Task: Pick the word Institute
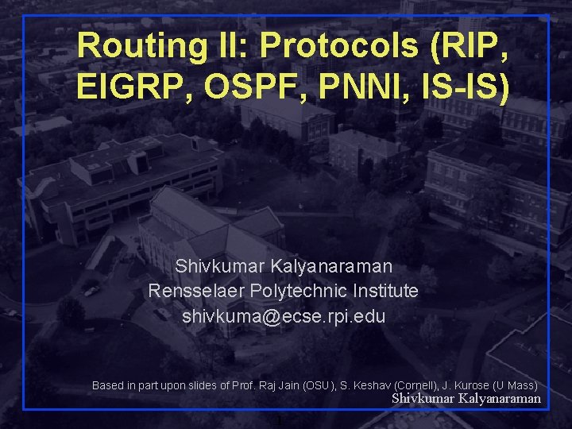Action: (x=385, y=291)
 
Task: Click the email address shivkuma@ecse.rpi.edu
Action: (x=284, y=316)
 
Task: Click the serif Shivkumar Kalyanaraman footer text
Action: (x=466, y=399)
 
